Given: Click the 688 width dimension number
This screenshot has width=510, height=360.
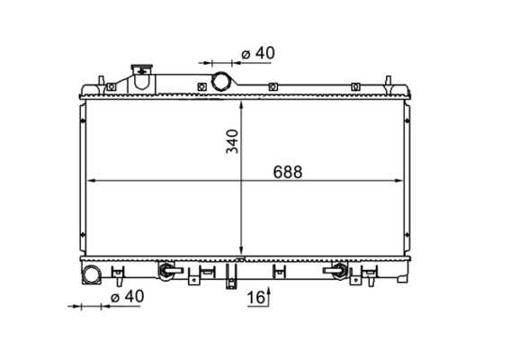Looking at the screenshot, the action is coord(288,172).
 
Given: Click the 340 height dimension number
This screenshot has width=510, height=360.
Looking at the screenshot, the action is coord(233,141).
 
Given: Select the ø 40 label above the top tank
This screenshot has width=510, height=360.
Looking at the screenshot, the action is coord(258,53).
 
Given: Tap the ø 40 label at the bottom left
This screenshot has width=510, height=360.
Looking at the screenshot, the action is coord(127,296).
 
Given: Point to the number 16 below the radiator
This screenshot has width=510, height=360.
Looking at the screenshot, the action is coord(255,298).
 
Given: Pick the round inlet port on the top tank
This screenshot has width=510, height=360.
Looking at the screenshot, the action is coord(221,81).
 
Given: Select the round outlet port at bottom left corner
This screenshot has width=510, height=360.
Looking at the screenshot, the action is coord(91,274).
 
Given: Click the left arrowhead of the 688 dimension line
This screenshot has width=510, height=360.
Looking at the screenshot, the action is coord(92,181).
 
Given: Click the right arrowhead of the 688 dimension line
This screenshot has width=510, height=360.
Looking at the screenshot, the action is coord(398,181).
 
